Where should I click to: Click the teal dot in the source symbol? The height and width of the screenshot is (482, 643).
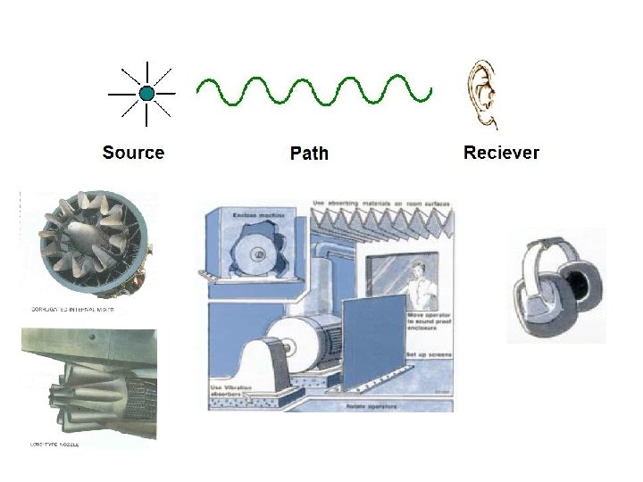[x=146, y=92]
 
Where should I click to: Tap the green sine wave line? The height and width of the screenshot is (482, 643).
[x=313, y=89]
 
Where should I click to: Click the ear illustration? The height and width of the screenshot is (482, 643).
[x=483, y=93]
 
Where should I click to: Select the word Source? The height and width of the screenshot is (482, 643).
[x=133, y=153]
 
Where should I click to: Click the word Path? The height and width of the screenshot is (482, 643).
[x=309, y=154]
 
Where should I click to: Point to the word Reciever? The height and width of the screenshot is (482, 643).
[x=501, y=153]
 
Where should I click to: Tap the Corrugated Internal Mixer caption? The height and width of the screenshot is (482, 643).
[x=72, y=311]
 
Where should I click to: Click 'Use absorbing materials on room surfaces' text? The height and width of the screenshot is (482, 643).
[x=381, y=204]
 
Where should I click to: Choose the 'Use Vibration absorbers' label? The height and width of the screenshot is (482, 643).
[x=231, y=391]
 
